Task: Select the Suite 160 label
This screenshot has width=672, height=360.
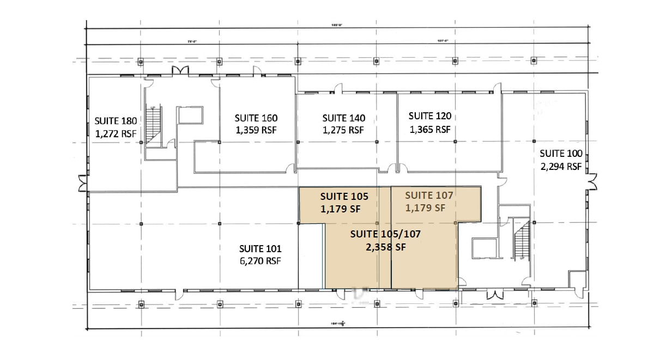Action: pyautogui.click(x=256, y=118)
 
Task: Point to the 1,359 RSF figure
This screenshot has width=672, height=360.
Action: pyautogui.click(x=256, y=130)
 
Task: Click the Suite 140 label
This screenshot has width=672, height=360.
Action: pyautogui.click(x=344, y=118)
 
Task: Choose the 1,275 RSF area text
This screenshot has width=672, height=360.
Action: pyautogui.click(x=344, y=130)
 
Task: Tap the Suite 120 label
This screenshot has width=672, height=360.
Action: pyautogui.click(x=430, y=116)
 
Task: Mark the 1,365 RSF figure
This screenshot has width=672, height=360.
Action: pyautogui.click(x=430, y=129)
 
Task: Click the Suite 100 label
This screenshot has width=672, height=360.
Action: pyautogui.click(x=561, y=153)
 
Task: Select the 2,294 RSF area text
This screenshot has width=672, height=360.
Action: pyautogui.click(x=561, y=166)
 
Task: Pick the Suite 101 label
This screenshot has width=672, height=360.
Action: pyautogui.click(x=260, y=248)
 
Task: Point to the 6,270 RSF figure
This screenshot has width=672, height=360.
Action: pyautogui.click(x=260, y=261)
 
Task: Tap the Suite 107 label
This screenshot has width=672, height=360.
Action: pyautogui.click(x=429, y=195)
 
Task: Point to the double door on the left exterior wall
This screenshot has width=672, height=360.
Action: pyautogui.click(x=82, y=183)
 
